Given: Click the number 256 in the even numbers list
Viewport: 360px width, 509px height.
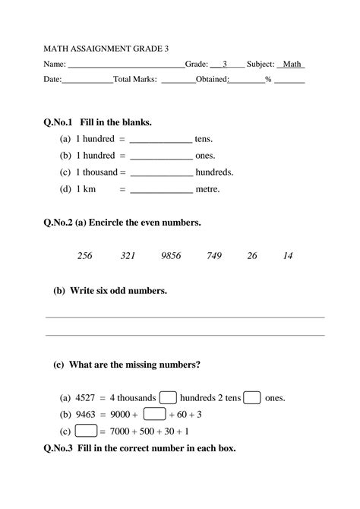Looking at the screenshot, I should click(x=84, y=256).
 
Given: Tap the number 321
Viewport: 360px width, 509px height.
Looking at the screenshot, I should click(x=128, y=256).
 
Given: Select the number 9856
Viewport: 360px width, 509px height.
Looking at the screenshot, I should click(x=171, y=256).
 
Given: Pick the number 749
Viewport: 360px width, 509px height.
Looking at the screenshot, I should click(x=213, y=256).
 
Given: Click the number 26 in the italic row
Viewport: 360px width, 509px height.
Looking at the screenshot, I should click(x=252, y=256).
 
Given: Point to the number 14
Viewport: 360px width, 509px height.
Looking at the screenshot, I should click(x=287, y=256).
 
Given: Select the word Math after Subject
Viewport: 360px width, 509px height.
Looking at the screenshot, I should click(x=292, y=64).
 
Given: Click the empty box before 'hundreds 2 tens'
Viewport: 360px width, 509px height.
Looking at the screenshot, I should click(x=169, y=397).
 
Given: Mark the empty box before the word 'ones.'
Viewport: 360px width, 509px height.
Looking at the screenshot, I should click(x=252, y=397).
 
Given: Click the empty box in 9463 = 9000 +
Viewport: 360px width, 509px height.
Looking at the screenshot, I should click(x=154, y=414).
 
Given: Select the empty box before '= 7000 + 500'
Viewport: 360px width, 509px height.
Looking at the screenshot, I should click(x=87, y=431).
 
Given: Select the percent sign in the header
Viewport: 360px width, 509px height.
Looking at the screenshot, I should click(x=268, y=79).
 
